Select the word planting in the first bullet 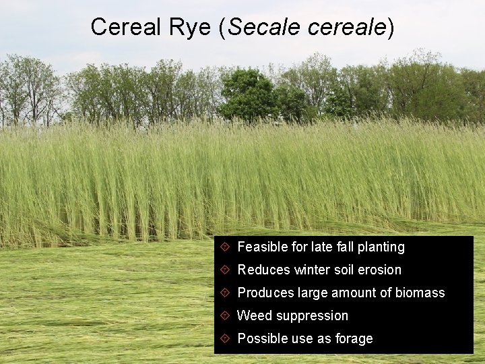pyautogui.click(x=381, y=247)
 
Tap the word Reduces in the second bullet pyautogui.click(x=263, y=270)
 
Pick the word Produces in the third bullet pyautogui.click(x=265, y=293)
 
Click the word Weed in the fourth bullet pyautogui.click(x=255, y=316)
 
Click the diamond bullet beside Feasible pyautogui.click(x=226, y=247)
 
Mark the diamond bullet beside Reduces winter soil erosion pyautogui.click(x=226, y=270)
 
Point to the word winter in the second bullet pyautogui.click(x=312, y=270)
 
